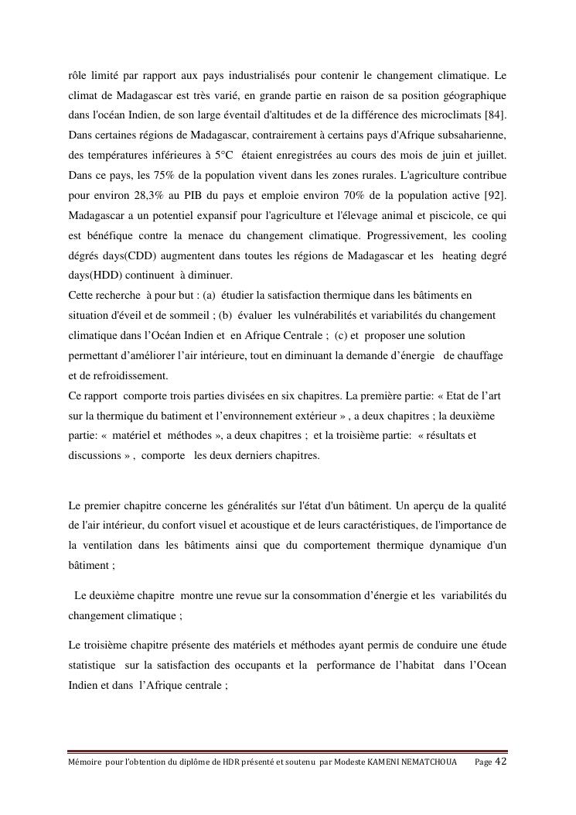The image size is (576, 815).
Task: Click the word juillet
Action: [x=489, y=155]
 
